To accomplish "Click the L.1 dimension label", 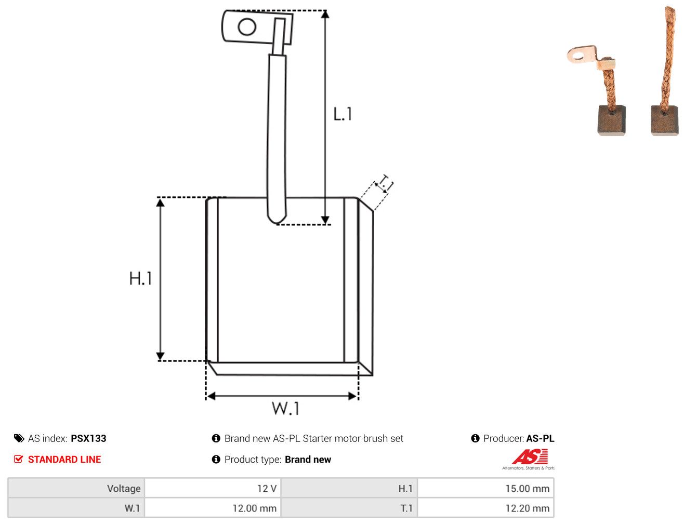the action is (342, 114).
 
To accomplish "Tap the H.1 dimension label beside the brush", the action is (140, 278).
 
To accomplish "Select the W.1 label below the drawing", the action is (285, 408).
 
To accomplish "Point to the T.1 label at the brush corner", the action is (386, 183).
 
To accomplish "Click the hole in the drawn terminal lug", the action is (247, 27).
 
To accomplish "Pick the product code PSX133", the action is (88, 438).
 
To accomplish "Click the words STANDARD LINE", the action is (64, 459).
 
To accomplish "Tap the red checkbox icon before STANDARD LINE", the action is (19, 459).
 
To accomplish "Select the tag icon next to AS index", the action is (19, 438).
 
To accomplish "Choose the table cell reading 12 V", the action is (213, 488).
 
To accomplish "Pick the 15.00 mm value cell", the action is (485, 488).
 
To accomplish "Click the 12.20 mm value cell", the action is (485, 508).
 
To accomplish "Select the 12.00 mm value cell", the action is (213, 508).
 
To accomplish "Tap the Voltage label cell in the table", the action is (76, 488).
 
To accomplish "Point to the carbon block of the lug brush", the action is (611, 120).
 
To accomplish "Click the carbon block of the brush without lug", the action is (664, 120).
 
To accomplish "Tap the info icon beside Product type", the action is (216, 459).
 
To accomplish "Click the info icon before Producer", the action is (475, 438).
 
